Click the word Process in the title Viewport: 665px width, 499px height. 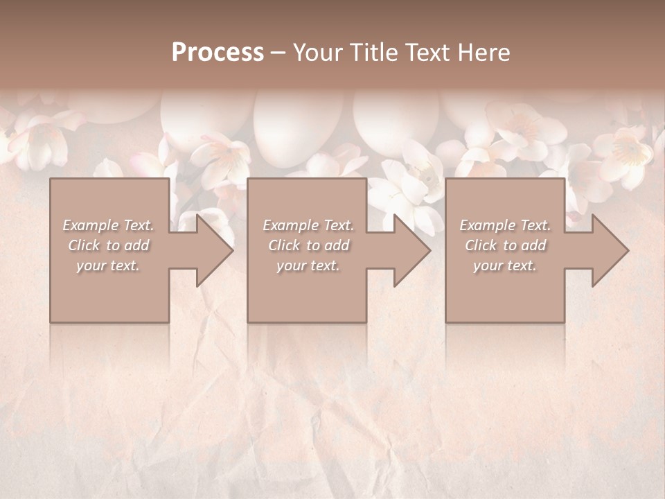(218, 53)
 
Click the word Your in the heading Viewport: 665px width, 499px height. (317, 53)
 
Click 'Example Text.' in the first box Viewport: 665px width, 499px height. (108, 225)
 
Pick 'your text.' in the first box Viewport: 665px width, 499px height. (108, 265)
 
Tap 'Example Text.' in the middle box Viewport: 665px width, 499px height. (308, 225)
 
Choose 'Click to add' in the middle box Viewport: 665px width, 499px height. (308, 245)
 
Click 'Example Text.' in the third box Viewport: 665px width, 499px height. (505, 225)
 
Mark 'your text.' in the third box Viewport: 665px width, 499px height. (505, 265)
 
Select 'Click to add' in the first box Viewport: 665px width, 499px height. (108, 245)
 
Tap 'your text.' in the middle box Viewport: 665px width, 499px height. (308, 265)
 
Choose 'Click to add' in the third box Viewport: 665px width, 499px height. (505, 245)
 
